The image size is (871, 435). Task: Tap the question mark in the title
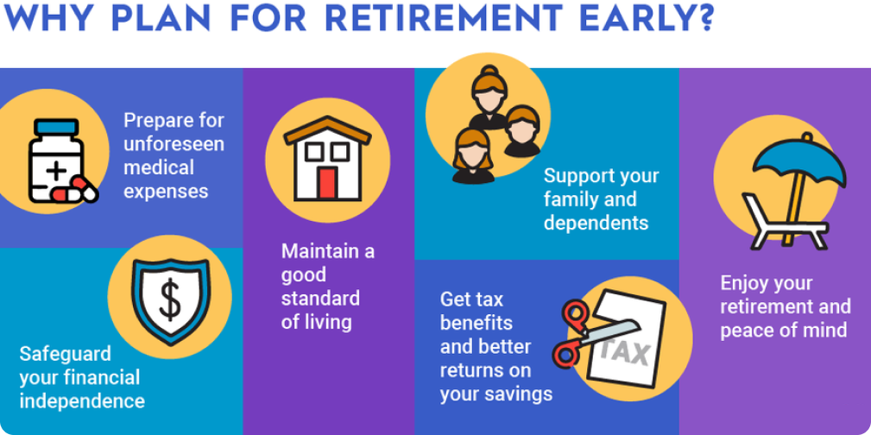(x=704, y=18)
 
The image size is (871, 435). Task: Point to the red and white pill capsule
(x=74, y=190)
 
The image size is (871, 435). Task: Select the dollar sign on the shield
(x=171, y=299)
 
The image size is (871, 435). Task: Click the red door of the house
(x=328, y=183)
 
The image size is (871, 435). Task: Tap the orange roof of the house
(x=328, y=129)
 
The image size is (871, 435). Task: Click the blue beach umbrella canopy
(x=800, y=161)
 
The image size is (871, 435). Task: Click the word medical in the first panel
(x=158, y=167)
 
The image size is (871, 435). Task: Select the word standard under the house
(x=320, y=298)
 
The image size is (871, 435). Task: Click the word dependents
(x=596, y=224)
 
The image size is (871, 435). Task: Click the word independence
(x=82, y=401)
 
